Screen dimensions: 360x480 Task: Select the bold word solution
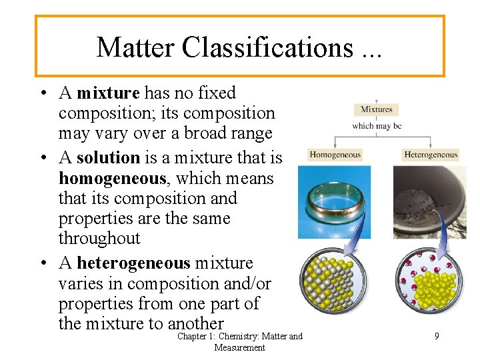tap(108, 158)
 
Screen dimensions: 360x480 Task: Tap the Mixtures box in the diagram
tap(377, 109)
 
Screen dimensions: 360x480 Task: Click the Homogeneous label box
tap(335, 155)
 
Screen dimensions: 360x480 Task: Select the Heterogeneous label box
tap(431, 155)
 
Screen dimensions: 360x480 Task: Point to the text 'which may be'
tap(377, 125)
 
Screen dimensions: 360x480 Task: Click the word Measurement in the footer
tap(240, 347)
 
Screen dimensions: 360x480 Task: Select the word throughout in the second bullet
tap(99, 238)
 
